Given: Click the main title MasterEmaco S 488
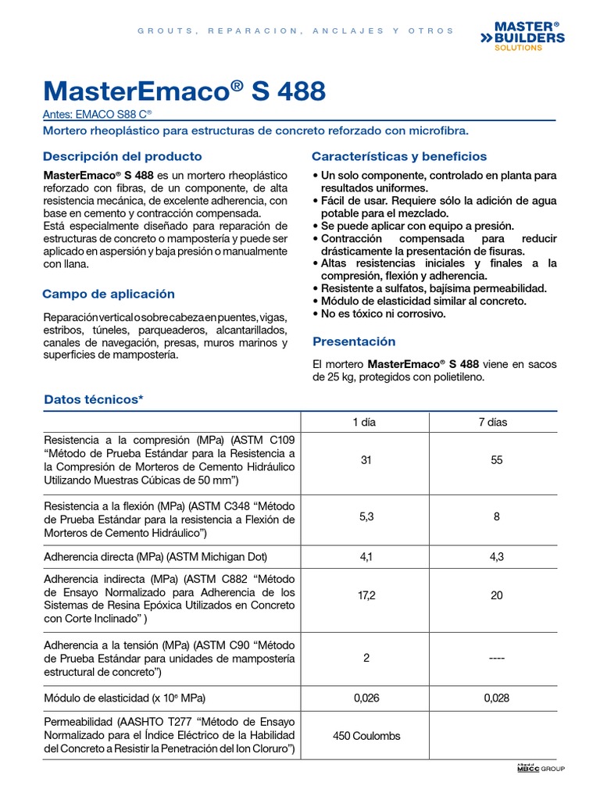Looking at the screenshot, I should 184,91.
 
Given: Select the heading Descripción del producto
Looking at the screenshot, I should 122,156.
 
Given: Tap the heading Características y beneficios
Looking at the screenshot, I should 398,156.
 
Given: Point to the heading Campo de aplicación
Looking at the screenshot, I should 109,295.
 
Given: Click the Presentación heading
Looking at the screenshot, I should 354,341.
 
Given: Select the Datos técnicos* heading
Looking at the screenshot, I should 94,399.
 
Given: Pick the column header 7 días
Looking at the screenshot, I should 492,422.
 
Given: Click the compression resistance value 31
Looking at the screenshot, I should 366,461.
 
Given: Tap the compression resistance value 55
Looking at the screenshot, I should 496,461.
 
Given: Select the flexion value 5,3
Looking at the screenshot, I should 366,516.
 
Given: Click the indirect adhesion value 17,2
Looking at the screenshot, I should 366,595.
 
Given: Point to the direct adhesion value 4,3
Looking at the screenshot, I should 496,556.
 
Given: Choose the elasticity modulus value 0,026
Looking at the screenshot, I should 366,698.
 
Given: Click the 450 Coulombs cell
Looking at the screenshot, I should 366,737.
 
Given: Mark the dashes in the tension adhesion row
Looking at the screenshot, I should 496,659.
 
